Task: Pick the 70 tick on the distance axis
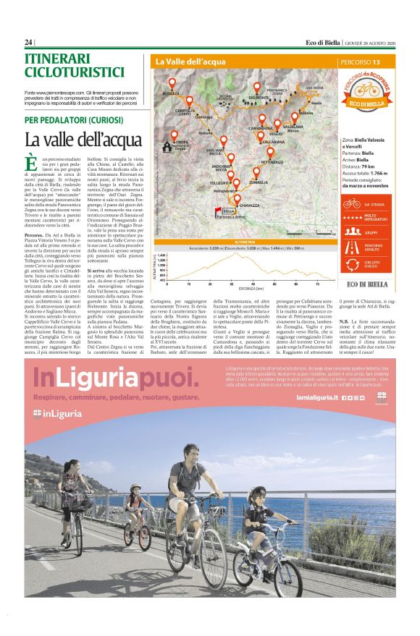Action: [x=317, y=284]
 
